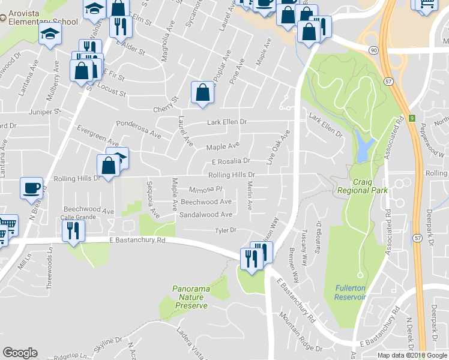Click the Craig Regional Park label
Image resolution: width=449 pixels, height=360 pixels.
click(x=363, y=186)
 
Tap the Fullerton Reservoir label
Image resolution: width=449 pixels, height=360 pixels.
click(x=350, y=293)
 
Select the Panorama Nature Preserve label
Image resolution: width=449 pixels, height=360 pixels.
click(x=191, y=297)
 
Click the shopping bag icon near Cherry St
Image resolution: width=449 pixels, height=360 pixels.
click(x=202, y=93)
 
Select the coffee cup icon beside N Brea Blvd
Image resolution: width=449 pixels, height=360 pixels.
click(x=31, y=188)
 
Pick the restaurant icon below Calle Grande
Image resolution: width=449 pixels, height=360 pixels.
click(x=73, y=230)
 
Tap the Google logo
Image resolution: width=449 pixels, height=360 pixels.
click(x=20, y=353)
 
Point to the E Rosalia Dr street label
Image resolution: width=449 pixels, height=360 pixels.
click(x=231, y=161)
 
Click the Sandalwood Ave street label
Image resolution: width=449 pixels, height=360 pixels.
click(x=206, y=214)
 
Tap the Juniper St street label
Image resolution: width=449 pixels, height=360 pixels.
click(x=48, y=112)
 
